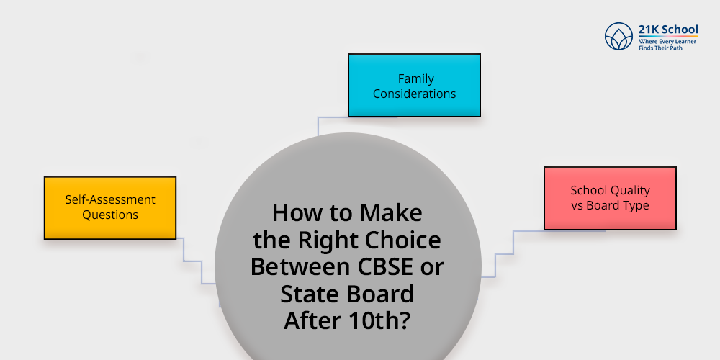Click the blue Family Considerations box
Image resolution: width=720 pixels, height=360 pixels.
(414, 85)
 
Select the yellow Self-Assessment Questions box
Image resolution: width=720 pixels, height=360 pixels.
(110, 207)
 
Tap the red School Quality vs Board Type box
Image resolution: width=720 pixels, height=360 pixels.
(610, 198)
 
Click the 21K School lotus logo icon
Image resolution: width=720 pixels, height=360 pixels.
(618, 35)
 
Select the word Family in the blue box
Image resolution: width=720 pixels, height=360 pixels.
(415, 78)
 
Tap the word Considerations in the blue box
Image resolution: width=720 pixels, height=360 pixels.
(415, 94)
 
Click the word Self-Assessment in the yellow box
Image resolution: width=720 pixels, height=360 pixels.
(110, 199)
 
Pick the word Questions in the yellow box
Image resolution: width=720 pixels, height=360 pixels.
(110, 215)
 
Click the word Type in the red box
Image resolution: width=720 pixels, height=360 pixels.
(635, 205)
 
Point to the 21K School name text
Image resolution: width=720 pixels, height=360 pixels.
(667, 30)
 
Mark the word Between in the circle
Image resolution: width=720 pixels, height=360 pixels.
(300, 266)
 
